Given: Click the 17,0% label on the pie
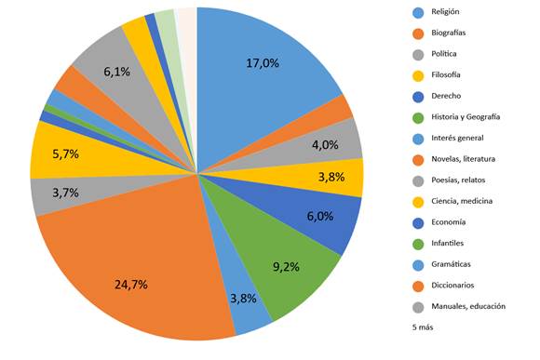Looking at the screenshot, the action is [x=263, y=63].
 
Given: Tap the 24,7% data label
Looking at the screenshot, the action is [x=131, y=285].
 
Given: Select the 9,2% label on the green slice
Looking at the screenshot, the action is [x=286, y=266].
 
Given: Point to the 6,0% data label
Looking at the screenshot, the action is [x=320, y=216].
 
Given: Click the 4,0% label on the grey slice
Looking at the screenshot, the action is [x=325, y=145].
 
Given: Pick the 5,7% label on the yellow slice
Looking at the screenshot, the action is [x=65, y=153].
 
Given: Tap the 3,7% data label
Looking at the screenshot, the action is [x=65, y=193].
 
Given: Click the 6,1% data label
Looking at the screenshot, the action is [x=117, y=72].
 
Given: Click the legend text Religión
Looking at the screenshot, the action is [x=445, y=12].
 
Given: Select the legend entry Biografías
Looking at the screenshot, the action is [x=449, y=33].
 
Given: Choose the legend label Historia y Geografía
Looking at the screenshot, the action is [x=466, y=117].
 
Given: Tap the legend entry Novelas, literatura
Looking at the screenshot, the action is [x=464, y=159].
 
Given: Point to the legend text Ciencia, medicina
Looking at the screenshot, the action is [x=462, y=201].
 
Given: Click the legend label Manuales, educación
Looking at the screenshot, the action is [x=468, y=306].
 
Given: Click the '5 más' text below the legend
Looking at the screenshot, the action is [x=423, y=327].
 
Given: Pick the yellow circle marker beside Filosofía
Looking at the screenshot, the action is [x=418, y=76].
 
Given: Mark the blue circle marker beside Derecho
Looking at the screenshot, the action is [x=418, y=97].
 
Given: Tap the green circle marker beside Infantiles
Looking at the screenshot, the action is [x=418, y=245].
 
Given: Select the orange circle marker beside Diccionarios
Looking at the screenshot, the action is [x=418, y=287].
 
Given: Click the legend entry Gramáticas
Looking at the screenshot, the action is [x=451, y=264].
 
